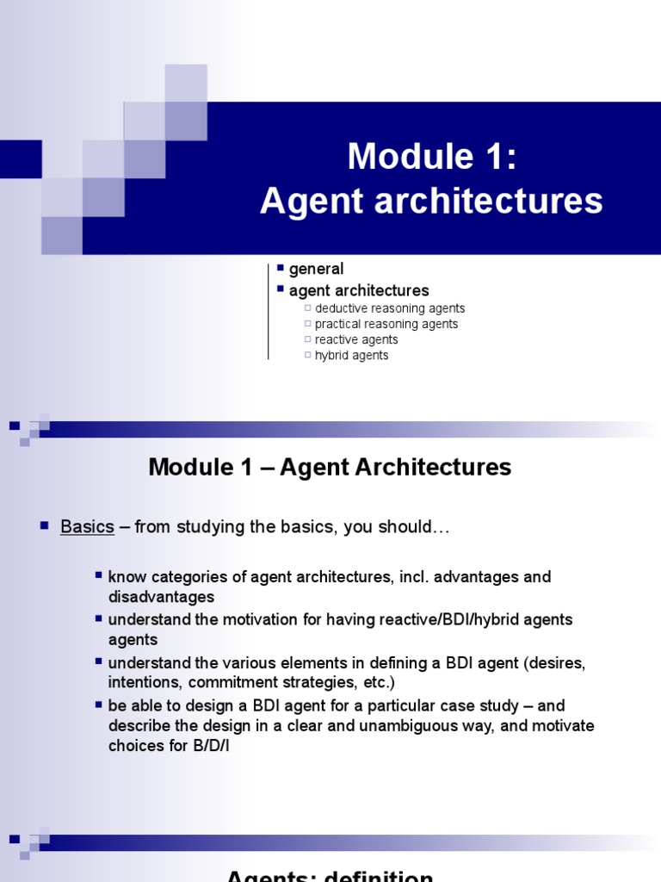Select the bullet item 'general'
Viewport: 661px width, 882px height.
[x=316, y=269]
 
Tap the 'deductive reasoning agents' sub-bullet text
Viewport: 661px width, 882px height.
[x=390, y=308]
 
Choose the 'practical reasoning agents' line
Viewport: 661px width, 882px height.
[x=386, y=324]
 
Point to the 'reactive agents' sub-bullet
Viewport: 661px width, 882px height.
[x=356, y=339]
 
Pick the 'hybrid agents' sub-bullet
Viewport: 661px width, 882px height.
[x=351, y=355]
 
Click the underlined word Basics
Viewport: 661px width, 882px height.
[x=87, y=527]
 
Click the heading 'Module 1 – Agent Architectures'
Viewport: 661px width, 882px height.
[x=330, y=467]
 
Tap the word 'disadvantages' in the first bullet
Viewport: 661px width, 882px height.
[x=161, y=597]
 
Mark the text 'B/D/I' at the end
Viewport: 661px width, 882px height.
[x=209, y=747]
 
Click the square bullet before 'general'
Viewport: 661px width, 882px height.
[x=281, y=269]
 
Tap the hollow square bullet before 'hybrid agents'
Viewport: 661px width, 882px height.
[x=307, y=355]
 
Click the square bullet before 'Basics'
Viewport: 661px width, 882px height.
[x=45, y=525]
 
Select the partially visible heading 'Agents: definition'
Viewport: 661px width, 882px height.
[x=330, y=875]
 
